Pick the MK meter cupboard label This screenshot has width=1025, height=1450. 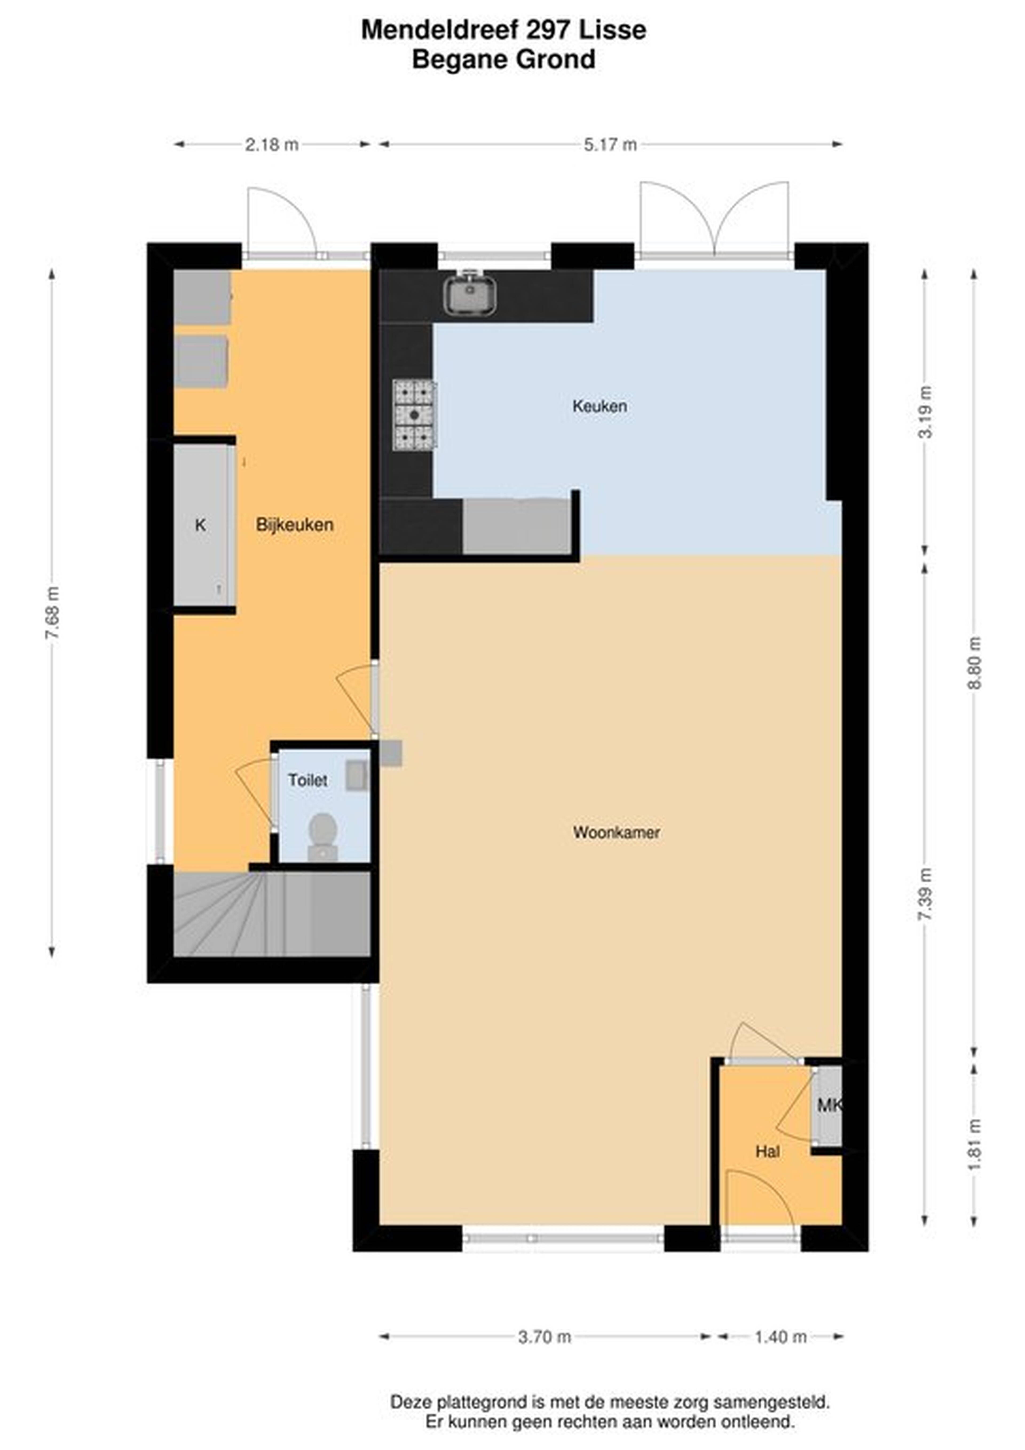[x=829, y=1105]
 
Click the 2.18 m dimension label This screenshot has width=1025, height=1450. [x=271, y=145]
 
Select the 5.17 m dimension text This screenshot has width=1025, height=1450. [x=610, y=145]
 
